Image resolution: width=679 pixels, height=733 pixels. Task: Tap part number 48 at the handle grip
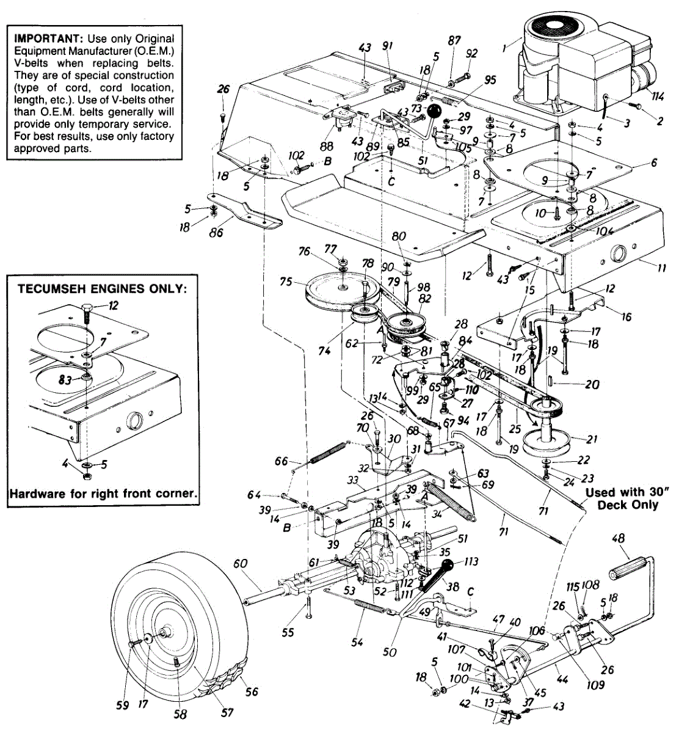(x=617, y=538)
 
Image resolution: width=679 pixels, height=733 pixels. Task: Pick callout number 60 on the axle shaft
(x=239, y=563)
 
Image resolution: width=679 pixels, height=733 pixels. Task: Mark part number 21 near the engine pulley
(x=591, y=439)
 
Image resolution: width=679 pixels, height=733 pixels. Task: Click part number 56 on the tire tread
(x=252, y=691)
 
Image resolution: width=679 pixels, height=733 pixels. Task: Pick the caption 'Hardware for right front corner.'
(x=103, y=494)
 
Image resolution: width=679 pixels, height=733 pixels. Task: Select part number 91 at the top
(x=387, y=46)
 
